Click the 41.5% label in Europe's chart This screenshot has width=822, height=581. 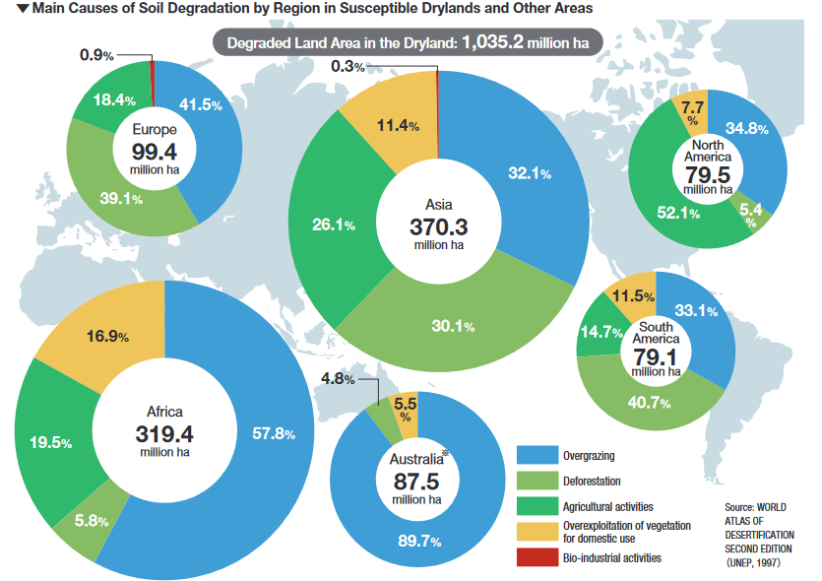pyautogui.click(x=202, y=105)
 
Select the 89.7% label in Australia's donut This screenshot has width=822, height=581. pyautogui.click(x=419, y=542)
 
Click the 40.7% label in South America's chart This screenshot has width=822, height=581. pyautogui.click(x=649, y=401)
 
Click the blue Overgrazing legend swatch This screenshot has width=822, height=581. pyautogui.click(x=535, y=455)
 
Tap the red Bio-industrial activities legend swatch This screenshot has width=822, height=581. pyautogui.click(x=535, y=557)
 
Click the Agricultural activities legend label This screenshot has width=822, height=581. pyautogui.click(x=607, y=506)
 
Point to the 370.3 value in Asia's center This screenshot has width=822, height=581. pyautogui.click(x=436, y=226)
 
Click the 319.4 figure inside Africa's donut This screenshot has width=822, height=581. pyautogui.click(x=163, y=432)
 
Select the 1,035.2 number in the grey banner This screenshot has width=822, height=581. pyautogui.click(x=496, y=44)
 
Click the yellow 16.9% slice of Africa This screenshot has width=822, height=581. pyautogui.click(x=109, y=337)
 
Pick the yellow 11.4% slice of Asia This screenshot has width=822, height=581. pyautogui.click(x=399, y=126)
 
